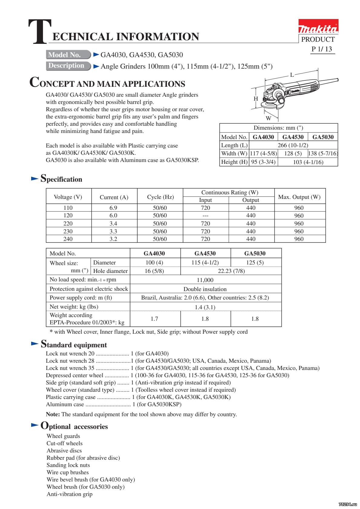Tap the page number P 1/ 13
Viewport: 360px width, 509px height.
point(322,49)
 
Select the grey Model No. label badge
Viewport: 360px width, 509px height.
point(68,55)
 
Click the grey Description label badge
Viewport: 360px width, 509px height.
point(68,66)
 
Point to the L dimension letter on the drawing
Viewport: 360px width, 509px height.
point(292,75)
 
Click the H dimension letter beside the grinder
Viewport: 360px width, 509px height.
point(256,99)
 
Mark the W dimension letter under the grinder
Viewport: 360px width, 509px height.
point(268,118)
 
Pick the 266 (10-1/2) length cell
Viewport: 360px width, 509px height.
point(293,145)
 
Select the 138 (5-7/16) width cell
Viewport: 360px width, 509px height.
point(322,153)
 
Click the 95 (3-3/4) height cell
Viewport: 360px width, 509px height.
point(263,162)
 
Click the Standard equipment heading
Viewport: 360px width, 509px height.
point(74,345)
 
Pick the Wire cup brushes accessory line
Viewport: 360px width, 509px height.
point(67,472)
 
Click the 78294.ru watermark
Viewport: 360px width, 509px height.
point(348,504)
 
